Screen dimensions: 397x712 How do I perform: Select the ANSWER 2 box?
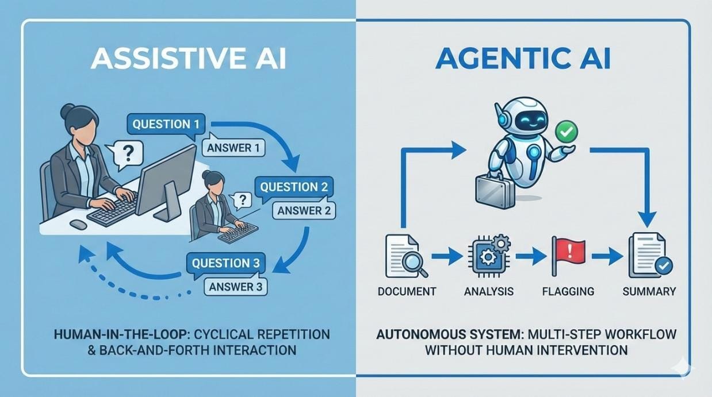(x=304, y=211)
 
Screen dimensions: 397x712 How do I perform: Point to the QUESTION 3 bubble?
(x=225, y=264)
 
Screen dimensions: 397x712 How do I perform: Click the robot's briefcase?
(x=493, y=190)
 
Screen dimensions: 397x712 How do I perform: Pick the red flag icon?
(x=568, y=253)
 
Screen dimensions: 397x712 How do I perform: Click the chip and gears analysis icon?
(x=488, y=253)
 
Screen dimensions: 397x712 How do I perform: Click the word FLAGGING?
(x=568, y=291)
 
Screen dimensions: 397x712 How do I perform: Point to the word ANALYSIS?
(x=488, y=291)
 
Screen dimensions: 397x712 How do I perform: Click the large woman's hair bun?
(x=67, y=110)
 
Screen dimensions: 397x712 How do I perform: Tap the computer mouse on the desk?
(x=78, y=225)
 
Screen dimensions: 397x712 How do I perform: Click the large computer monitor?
(x=165, y=178)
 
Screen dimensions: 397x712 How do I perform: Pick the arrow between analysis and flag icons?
(x=530, y=256)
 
